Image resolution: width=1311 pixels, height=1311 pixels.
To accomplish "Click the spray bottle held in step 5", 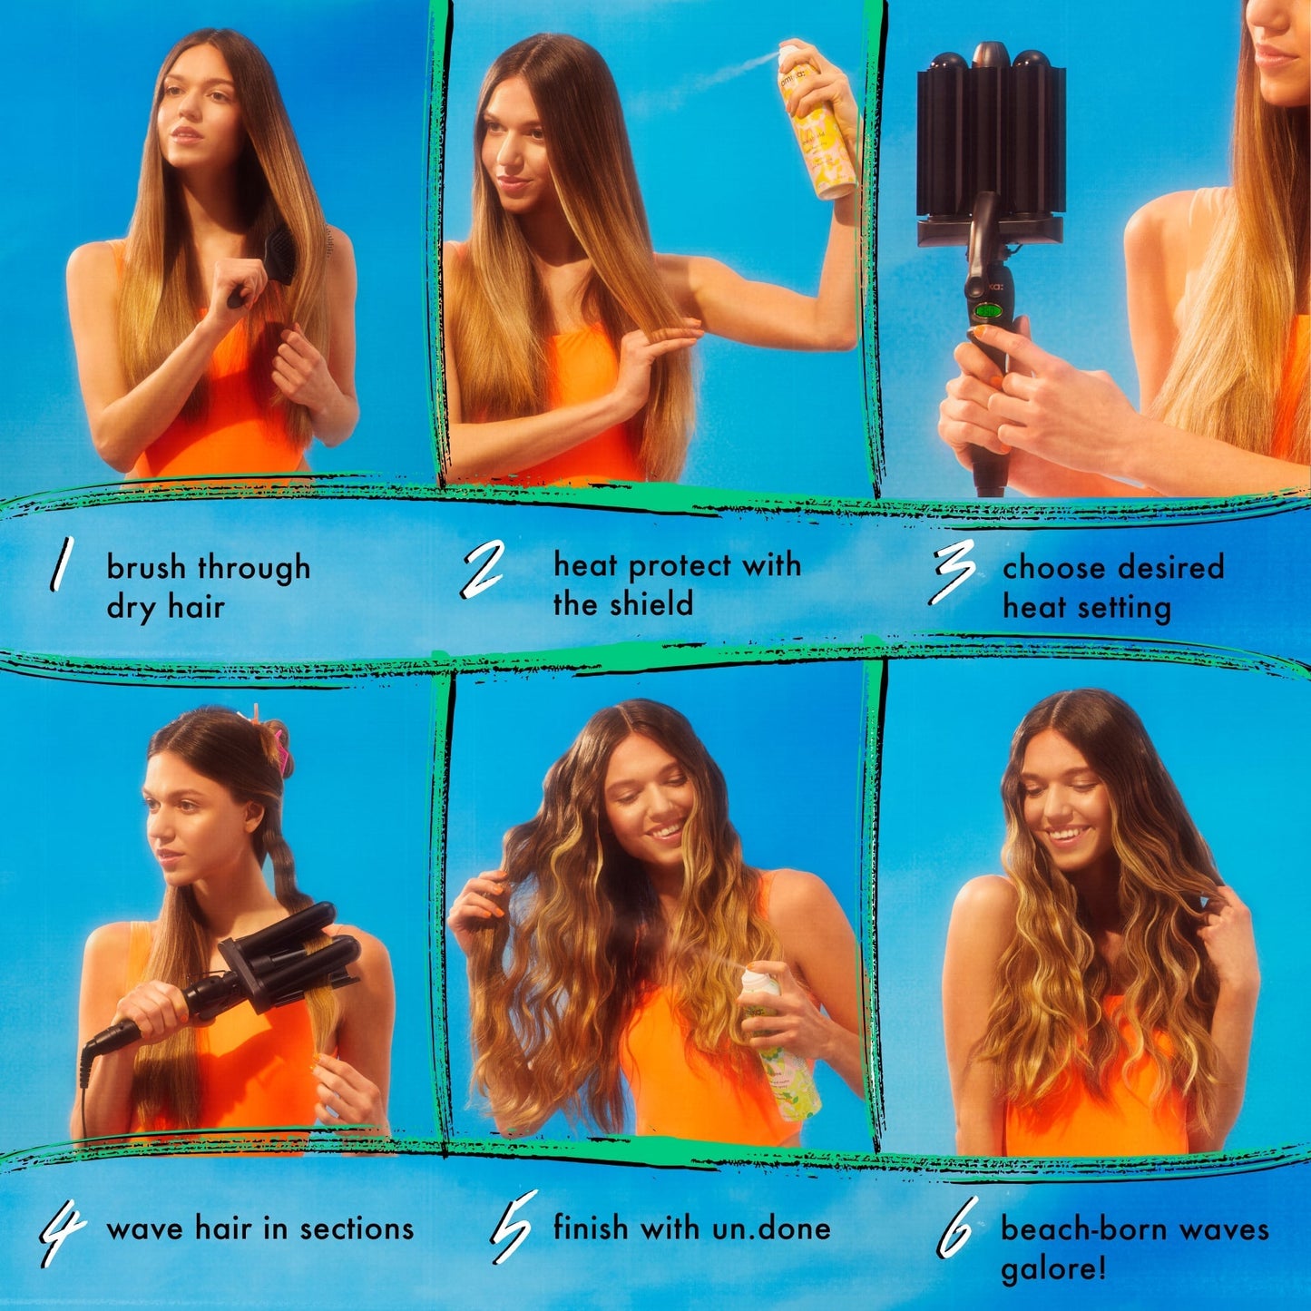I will tap(778, 1043).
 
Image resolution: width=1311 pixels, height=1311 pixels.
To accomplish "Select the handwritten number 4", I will tap(61, 1235).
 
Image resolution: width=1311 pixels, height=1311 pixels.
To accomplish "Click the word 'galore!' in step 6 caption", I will tap(1053, 1268).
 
